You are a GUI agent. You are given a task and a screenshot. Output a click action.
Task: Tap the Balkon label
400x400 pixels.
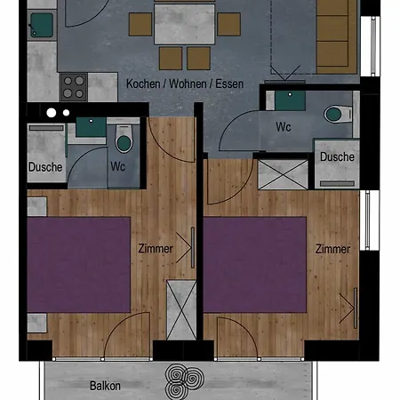tap(105, 386)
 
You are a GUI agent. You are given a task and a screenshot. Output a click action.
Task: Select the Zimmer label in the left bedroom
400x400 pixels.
tap(156, 249)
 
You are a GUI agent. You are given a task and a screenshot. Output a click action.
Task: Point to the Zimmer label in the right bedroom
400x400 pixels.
tap(332, 249)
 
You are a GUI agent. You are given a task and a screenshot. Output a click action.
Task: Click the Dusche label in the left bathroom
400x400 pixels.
tap(44, 166)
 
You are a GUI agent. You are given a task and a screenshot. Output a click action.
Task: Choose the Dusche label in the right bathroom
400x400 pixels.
tap(337, 156)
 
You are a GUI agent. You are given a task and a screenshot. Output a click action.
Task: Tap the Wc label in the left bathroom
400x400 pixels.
tap(117, 166)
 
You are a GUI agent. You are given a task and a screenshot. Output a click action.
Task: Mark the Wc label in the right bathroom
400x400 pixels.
tap(283, 127)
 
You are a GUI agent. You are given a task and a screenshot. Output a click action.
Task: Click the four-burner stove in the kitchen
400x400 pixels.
tap(73, 86)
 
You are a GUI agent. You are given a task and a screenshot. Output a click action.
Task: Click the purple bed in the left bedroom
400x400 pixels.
tap(78, 264)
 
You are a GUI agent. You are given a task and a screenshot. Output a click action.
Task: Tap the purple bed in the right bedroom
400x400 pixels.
tap(254, 264)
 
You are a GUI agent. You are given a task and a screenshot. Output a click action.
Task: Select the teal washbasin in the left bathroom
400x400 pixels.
tap(91, 127)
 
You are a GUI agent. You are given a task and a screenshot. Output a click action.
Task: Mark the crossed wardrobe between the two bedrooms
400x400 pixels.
tap(181, 308)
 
